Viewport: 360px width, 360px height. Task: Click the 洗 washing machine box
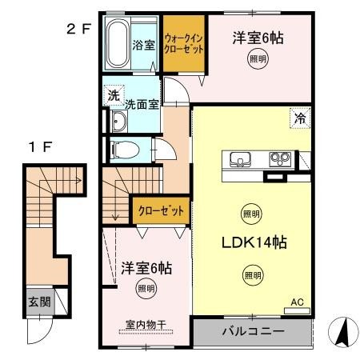click(114, 94)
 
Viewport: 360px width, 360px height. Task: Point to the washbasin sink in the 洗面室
click(118, 122)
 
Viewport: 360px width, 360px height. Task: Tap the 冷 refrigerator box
click(301, 117)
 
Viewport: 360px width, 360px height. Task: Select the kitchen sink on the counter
click(240, 157)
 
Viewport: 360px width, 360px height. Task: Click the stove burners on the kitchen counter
click(278, 157)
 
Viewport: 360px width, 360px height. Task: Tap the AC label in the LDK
click(296, 302)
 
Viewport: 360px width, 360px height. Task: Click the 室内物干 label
click(145, 326)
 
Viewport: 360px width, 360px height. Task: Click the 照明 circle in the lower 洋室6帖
click(145, 287)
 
